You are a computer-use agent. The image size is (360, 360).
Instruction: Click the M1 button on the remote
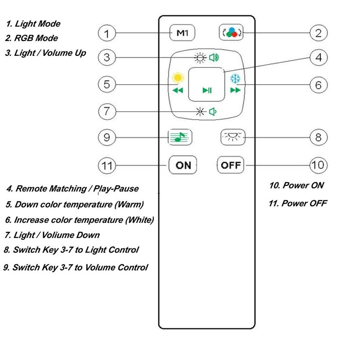[x=182, y=33]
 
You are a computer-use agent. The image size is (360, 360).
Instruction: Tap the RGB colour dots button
[x=230, y=33]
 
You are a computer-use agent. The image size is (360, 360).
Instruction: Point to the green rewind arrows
[x=178, y=90]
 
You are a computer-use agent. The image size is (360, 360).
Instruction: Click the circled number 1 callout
[x=107, y=33]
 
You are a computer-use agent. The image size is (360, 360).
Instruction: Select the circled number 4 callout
[x=318, y=58]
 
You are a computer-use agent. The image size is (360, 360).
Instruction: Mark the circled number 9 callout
[x=107, y=137]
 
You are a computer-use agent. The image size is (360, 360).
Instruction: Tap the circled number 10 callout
[x=318, y=165]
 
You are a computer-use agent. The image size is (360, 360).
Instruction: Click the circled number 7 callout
[x=107, y=111]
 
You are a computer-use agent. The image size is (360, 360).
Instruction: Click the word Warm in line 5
[x=129, y=205]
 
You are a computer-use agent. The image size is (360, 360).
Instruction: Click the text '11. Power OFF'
[x=297, y=203]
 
